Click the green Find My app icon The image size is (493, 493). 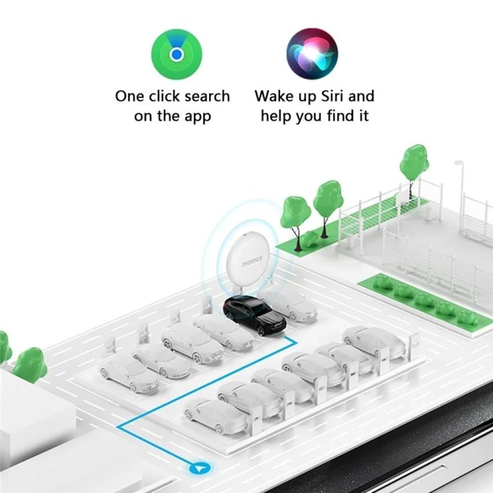click(176, 54)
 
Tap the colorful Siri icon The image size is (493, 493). click(312, 54)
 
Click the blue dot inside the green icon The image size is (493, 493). click(176, 55)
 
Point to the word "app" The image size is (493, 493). click(198, 117)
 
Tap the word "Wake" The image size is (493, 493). click(270, 96)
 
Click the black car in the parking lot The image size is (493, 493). click(255, 315)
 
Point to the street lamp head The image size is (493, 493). click(458, 163)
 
